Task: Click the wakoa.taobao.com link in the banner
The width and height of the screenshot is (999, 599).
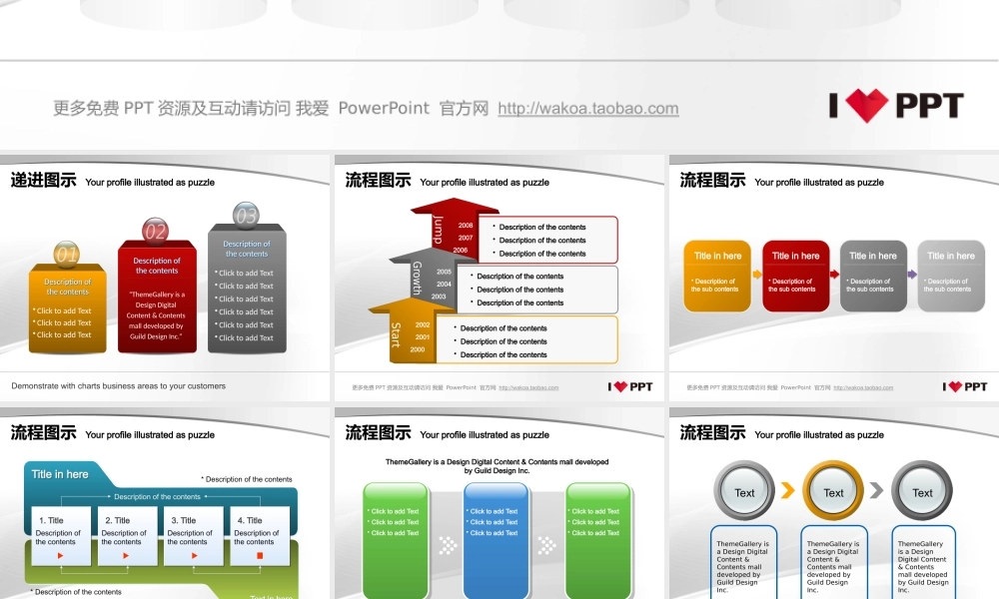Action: (x=587, y=109)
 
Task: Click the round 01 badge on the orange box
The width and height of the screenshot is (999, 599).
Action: (x=66, y=255)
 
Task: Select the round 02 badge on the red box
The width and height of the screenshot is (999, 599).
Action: (x=155, y=232)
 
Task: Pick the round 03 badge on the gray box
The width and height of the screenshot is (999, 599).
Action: (x=246, y=216)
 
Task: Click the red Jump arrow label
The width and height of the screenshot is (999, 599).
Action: (x=438, y=231)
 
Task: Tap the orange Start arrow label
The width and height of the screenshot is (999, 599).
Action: (x=396, y=334)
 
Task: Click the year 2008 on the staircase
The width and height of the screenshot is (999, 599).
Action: (x=466, y=226)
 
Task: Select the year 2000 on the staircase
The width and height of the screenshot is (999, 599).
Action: (x=418, y=349)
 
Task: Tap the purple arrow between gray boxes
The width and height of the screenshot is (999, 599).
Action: (x=912, y=274)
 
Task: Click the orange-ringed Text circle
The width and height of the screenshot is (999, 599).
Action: (x=833, y=491)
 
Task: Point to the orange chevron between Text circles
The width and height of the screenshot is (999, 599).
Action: (x=788, y=490)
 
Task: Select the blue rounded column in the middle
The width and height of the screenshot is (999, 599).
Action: (x=496, y=539)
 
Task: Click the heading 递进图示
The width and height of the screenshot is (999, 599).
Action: (x=44, y=181)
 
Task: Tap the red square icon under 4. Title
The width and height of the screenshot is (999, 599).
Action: (x=260, y=555)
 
